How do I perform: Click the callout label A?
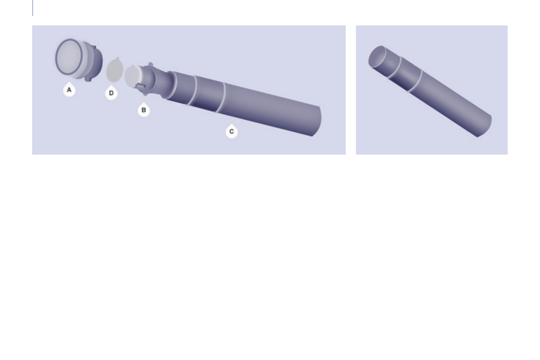(x=69, y=90)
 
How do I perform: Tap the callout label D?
(x=111, y=93)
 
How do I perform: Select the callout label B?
(x=144, y=110)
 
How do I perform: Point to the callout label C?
(x=231, y=131)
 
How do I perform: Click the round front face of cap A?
(x=69, y=57)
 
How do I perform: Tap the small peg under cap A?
(x=88, y=79)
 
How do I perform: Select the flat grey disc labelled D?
(x=115, y=70)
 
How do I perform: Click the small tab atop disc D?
(x=118, y=58)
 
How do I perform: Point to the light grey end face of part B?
(x=133, y=76)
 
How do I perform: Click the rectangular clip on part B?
(x=141, y=86)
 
